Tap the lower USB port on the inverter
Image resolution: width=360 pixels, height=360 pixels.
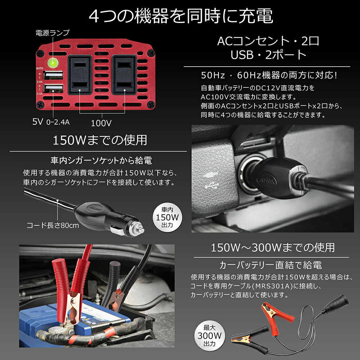[53, 88]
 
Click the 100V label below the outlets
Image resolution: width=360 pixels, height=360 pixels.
[101, 123]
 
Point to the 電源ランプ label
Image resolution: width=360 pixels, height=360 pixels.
[52, 33]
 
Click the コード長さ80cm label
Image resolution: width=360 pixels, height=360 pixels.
[53, 226]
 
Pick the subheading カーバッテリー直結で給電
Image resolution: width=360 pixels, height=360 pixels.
[271, 266]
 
